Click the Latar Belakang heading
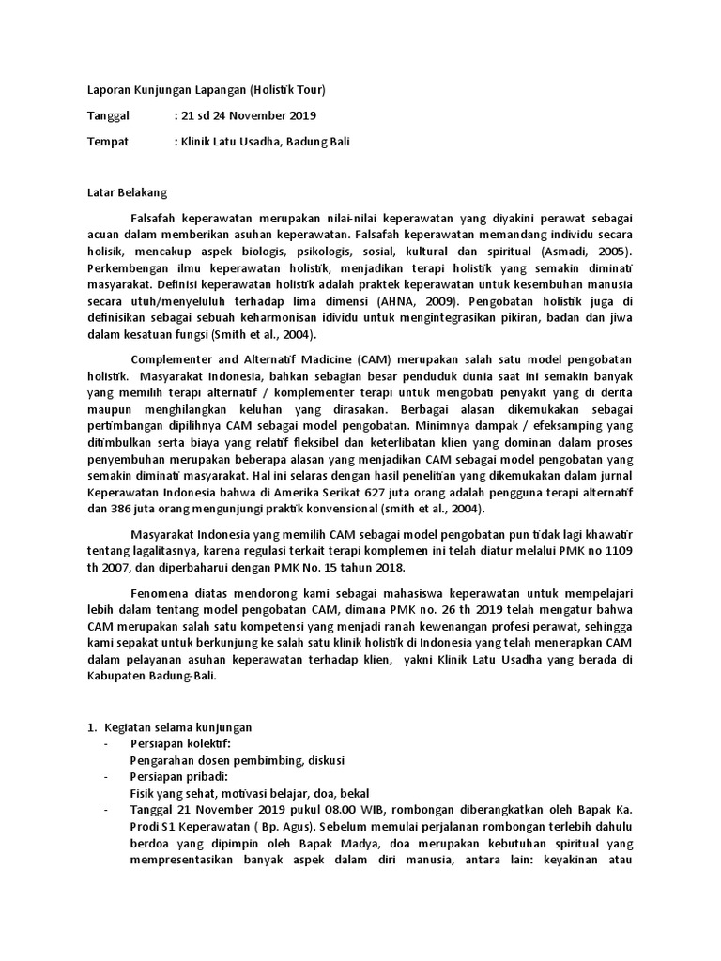point(120,194)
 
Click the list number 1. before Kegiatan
point(92,727)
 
